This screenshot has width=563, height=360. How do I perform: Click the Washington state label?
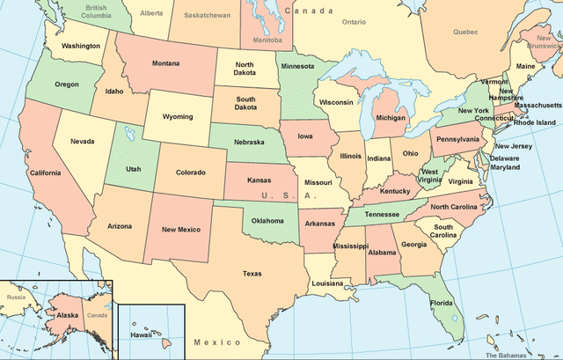(x=81, y=46)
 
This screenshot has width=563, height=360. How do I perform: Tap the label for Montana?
(x=165, y=63)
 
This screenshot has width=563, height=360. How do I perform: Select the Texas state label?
(x=252, y=273)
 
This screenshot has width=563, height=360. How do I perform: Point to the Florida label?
(x=442, y=304)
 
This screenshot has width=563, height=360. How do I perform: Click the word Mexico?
(x=217, y=342)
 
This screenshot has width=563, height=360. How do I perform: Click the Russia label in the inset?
(x=15, y=297)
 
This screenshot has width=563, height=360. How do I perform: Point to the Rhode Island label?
(x=534, y=122)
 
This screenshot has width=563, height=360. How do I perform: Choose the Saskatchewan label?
(x=206, y=16)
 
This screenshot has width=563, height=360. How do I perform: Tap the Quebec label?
(x=465, y=31)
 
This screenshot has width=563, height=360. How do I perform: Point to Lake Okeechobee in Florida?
(x=455, y=318)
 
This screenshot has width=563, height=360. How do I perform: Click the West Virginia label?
(x=430, y=177)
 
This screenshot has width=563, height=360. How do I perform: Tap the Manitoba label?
(x=268, y=40)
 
